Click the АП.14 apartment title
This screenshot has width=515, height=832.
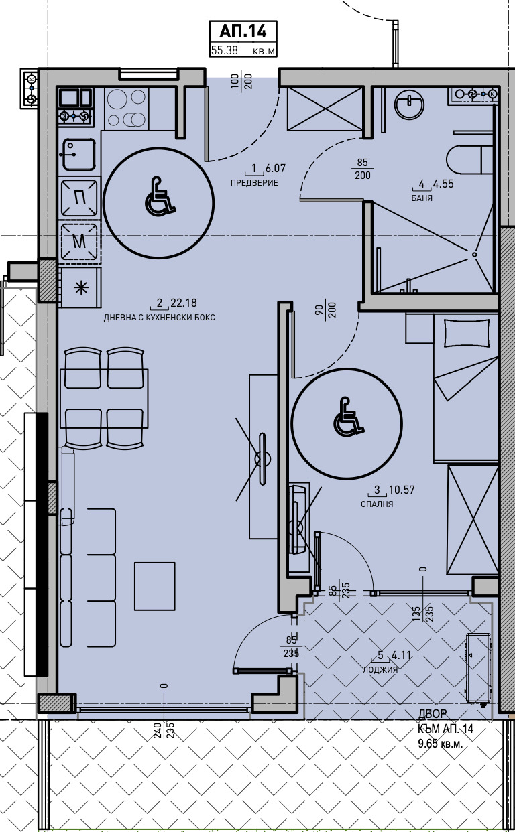(243, 31)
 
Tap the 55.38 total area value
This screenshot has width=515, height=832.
(224, 50)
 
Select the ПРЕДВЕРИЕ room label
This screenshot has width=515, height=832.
(254, 183)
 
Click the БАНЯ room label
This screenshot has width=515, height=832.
(422, 198)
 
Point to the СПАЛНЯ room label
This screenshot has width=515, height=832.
(377, 504)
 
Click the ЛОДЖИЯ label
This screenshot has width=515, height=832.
(380, 670)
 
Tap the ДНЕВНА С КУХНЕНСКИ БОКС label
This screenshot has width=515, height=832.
(159, 318)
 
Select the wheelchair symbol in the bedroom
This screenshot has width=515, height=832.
(349, 416)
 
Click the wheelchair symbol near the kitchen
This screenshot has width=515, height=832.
(160, 196)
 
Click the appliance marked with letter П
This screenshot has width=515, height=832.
(79, 198)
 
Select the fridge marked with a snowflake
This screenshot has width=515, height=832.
(80, 288)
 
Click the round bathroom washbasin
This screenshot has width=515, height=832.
(409, 105)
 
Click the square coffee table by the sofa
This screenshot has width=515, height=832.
(155, 586)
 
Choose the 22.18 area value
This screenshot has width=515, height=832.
(183, 303)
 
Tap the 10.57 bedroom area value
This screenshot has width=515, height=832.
(402, 490)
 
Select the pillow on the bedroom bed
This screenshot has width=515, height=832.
(466, 332)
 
